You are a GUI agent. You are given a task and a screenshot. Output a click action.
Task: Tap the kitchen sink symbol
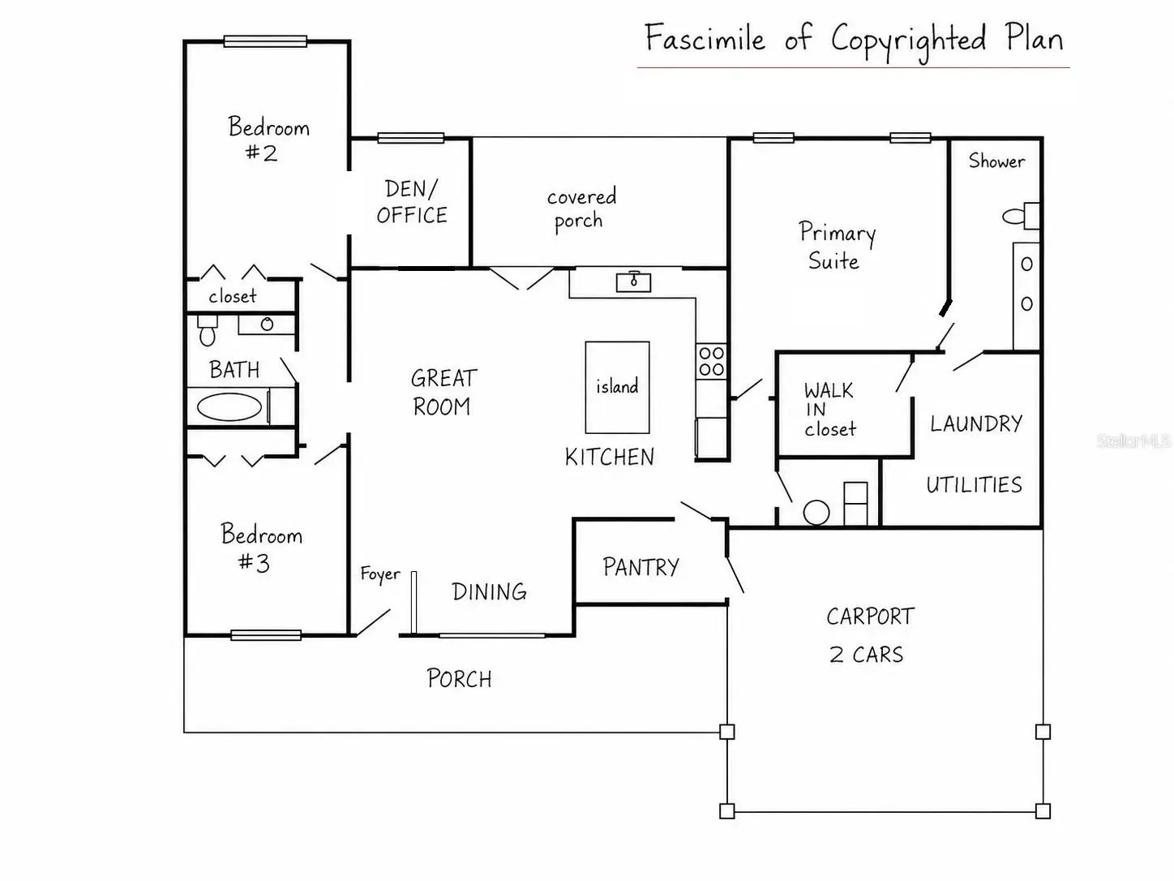pyautogui.click(x=633, y=281)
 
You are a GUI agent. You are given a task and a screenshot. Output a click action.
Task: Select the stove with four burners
pyautogui.click(x=711, y=361)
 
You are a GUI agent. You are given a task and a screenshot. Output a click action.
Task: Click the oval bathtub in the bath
pyautogui.click(x=229, y=407)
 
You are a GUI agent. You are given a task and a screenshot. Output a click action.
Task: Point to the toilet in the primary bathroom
pyautogui.click(x=1021, y=216)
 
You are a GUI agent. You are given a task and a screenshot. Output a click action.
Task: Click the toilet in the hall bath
pyautogui.click(x=208, y=330)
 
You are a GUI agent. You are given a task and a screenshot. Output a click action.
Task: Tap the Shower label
pyautogui.click(x=996, y=161)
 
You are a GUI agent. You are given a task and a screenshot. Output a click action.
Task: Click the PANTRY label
pyautogui.click(x=641, y=567)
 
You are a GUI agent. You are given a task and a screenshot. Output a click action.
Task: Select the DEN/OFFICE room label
pyautogui.click(x=412, y=202)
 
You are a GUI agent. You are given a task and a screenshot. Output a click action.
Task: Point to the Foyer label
pyautogui.click(x=379, y=574)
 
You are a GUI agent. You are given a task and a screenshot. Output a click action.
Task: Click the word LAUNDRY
pyautogui.click(x=976, y=423)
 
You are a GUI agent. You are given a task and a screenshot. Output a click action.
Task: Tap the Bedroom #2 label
pyautogui.click(x=268, y=139)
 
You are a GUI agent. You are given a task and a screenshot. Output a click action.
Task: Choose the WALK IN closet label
pyautogui.click(x=829, y=410)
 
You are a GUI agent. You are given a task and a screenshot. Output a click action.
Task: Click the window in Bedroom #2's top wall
pyautogui.click(x=265, y=41)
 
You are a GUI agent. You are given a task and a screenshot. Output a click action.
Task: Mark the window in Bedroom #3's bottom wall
pyautogui.click(x=266, y=635)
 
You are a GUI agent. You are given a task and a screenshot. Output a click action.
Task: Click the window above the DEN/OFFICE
pyautogui.click(x=411, y=138)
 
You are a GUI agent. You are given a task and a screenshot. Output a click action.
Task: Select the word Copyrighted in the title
pyautogui.click(x=908, y=41)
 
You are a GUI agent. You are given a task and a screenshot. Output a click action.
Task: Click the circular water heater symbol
pyautogui.click(x=816, y=513)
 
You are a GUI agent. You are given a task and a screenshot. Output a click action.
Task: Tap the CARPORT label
pyautogui.click(x=870, y=617)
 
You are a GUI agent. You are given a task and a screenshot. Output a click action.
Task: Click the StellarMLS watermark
pyautogui.click(x=1133, y=440)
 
